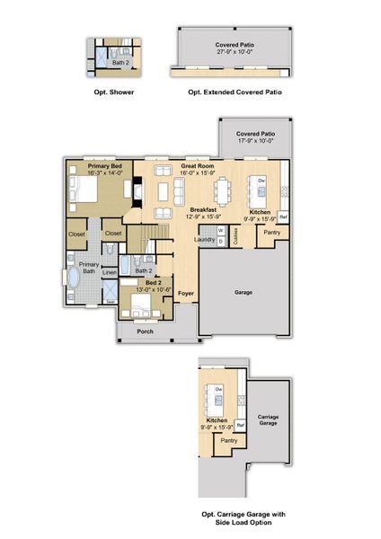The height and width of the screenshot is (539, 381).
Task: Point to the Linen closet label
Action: tap(109, 272)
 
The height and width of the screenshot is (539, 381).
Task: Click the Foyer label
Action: tap(186, 294)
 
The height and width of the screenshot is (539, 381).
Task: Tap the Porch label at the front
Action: tap(146, 331)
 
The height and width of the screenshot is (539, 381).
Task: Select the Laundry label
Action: tap(204, 240)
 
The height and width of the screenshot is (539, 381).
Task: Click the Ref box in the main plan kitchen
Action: tap(283, 216)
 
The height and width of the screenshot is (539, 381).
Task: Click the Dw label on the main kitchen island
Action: tap(261, 181)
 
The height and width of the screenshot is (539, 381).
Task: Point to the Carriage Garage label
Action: tap(267, 420)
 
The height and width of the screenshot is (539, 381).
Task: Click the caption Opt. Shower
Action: tap(114, 92)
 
